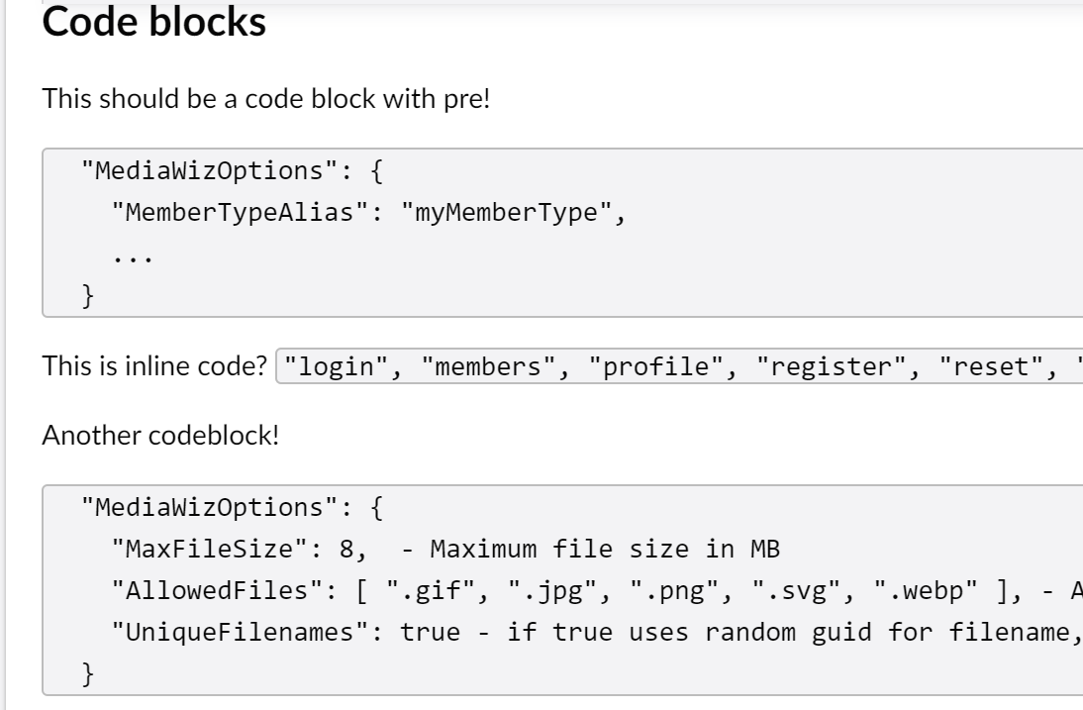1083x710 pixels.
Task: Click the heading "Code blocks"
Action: (154, 23)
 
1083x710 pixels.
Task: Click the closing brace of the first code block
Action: (86, 296)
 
